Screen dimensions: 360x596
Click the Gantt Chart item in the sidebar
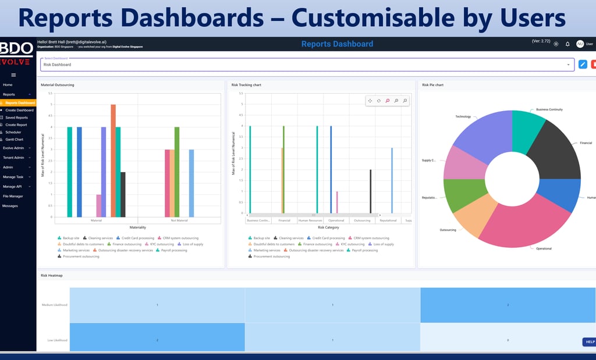point(15,140)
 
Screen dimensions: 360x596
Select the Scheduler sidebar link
point(13,132)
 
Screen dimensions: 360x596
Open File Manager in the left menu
point(13,196)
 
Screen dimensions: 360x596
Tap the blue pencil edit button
point(583,65)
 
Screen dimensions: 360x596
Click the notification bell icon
point(567,44)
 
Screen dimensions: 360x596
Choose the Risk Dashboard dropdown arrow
point(568,65)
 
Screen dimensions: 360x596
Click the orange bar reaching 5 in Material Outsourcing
point(113,161)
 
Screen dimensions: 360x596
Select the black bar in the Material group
point(123,194)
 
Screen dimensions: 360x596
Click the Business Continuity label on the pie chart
point(549,109)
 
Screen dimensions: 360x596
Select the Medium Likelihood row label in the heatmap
point(55,305)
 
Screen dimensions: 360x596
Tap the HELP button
point(590,342)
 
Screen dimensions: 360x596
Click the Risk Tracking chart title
point(246,85)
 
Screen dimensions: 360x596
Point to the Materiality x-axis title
point(137,227)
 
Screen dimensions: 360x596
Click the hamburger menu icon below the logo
point(13,75)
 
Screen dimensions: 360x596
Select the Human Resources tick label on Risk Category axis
point(310,220)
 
